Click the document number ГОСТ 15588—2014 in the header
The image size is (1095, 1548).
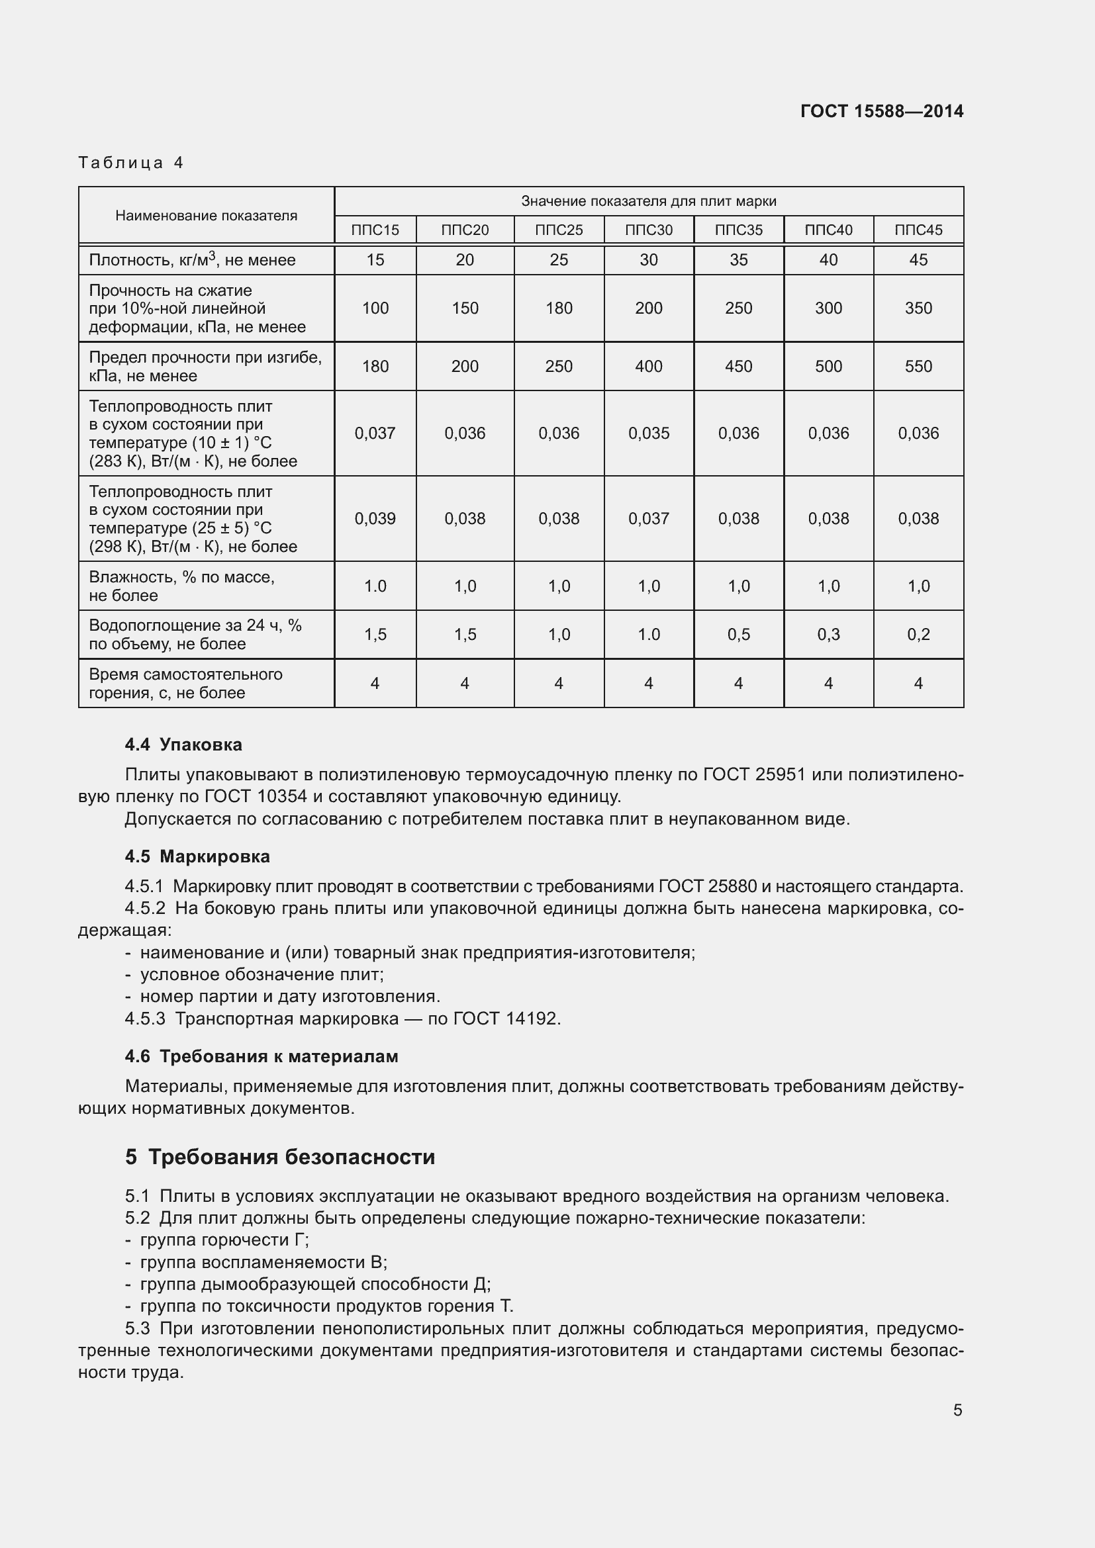click(x=881, y=111)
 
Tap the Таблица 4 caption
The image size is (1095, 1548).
click(x=131, y=163)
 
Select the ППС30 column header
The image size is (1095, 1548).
click(x=649, y=230)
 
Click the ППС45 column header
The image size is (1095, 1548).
click(x=918, y=230)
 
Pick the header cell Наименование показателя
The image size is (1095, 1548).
click(x=206, y=216)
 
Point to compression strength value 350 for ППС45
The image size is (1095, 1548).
click(x=918, y=308)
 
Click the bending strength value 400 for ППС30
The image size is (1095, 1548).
click(x=649, y=366)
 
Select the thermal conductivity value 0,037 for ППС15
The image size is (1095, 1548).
click(x=375, y=433)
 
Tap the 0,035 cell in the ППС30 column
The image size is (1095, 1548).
click(x=649, y=433)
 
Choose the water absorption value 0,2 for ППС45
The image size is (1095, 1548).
click(x=918, y=635)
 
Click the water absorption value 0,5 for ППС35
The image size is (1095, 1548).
click(x=738, y=635)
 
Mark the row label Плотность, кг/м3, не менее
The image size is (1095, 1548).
click(x=192, y=259)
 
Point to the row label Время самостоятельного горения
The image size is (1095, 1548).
click(x=185, y=683)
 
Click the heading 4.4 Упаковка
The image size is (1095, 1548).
click(x=183, y=745)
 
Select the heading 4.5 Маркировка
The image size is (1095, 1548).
click(x=197, y=856)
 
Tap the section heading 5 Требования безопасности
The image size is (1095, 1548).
click(x=280, y=1157)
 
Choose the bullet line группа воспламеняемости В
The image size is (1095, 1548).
click(x=263, y=1262)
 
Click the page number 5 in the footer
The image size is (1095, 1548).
click(x=957, y=1410)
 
